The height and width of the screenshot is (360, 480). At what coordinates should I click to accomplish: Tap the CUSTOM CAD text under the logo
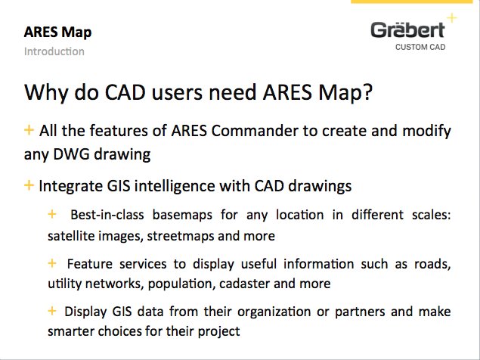[x=421, y=47]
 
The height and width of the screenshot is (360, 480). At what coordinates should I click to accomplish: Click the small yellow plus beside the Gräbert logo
[x=451, y=16]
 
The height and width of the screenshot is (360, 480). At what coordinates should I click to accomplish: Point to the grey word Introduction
[x=54, y=51]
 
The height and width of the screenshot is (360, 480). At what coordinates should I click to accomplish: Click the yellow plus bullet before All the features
[x=29, y=130]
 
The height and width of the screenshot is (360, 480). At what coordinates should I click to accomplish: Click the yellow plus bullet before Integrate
[x=29, y=185]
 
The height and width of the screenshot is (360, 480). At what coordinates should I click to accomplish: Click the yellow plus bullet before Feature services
[x=52, y=263]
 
